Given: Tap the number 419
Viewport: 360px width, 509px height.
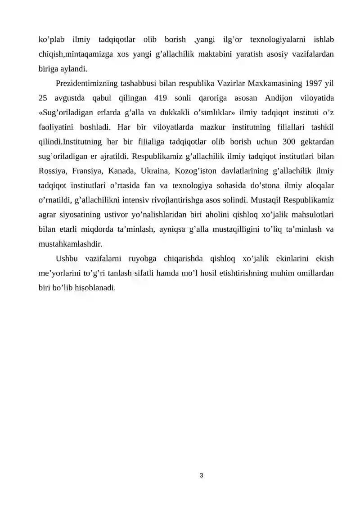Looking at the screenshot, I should (163, 98).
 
